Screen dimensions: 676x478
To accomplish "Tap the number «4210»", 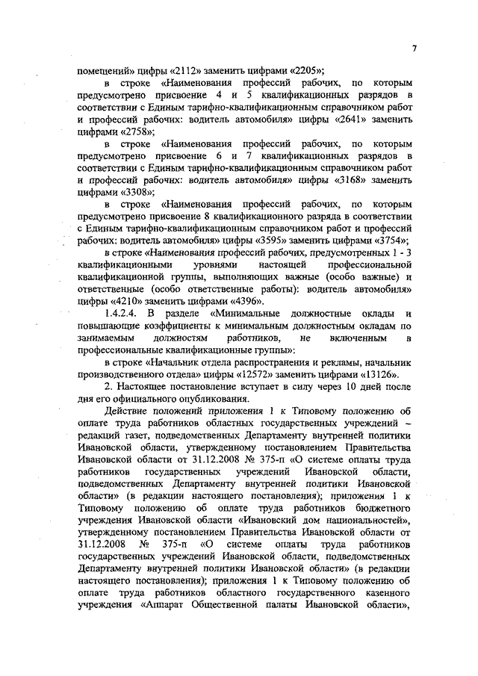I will click(128, 300).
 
